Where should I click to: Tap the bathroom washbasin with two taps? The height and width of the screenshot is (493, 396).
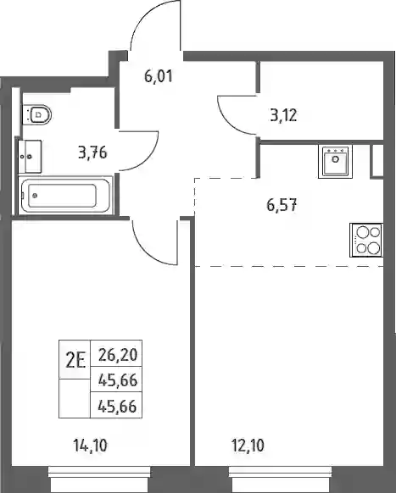pos(30,157)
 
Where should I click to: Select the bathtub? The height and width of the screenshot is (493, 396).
pos(65,196)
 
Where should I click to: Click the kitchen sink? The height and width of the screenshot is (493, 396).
pos(335,161)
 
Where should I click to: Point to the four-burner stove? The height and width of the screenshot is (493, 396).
pos(366,241)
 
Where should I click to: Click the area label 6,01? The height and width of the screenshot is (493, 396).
pos(159,76)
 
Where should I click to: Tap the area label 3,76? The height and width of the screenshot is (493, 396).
pos(92,152)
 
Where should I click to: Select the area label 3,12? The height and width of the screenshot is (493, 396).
pos(283,115)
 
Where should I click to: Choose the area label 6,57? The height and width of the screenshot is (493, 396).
pos(282,205)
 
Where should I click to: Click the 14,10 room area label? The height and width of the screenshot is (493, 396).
pos(91,446)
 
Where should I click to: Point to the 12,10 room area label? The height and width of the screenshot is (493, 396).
pos(248,446)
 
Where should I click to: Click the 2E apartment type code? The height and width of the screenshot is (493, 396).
pos(75,361)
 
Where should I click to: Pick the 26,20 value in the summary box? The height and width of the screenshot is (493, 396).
pos(118,355)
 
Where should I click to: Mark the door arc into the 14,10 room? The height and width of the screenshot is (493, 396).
pos(146,252)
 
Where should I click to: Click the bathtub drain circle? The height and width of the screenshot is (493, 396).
pos(35,196)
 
